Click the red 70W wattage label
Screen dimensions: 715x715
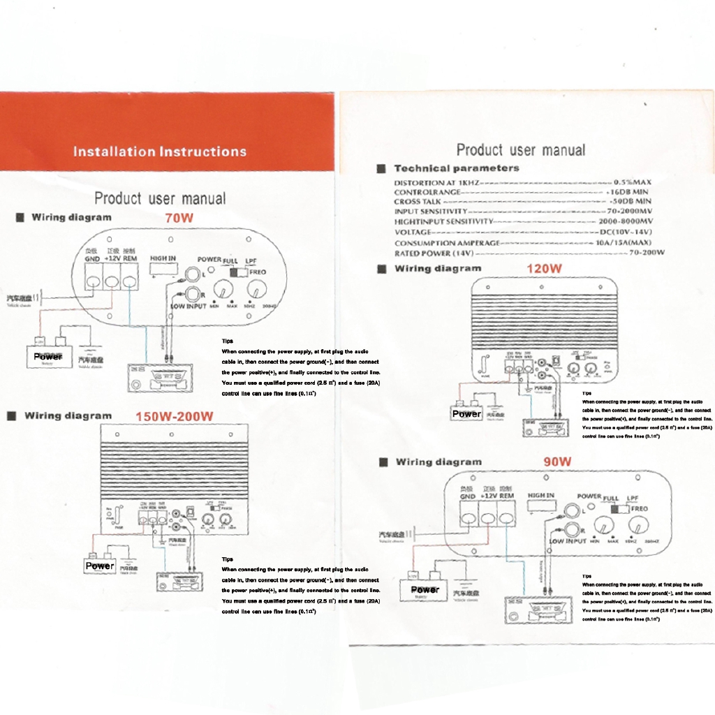pyautogui.click(x=179, y=218)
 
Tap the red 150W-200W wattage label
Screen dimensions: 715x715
pyautogui.click(x=174, y=417)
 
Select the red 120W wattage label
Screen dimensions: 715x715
pyautogui.click(x=545, y=268)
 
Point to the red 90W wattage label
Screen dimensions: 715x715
pyautogui.click(x=557, y=462)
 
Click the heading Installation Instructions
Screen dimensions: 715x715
pyautogui.click(x=159, y=152)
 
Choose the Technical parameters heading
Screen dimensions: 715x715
pyautogui.click(x=457, y=168)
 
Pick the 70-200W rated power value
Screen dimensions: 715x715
pyautogui.click(x=646, y=253)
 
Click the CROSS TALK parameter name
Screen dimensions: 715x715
pyautogui.click(x=417, y=202)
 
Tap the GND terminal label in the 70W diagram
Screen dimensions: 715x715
pyautogui.click(x=93, y=258)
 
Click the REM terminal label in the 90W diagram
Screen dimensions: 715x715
pyautogui.click(x=506, y=496)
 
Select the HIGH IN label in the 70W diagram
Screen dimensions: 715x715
pyautogui.click(x=163, y=258)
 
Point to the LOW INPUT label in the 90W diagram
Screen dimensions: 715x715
pyautogui.click(x=568, y=541)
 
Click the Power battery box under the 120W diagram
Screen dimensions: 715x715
pyautogui.click(x=466, y=414)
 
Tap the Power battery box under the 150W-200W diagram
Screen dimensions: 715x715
pyautogui.click(x=99, y=566)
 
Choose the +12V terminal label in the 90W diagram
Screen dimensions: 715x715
pyautogui.click(x=488, y=496)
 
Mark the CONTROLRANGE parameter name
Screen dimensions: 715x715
pyautogui.click(x=427, y=192)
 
